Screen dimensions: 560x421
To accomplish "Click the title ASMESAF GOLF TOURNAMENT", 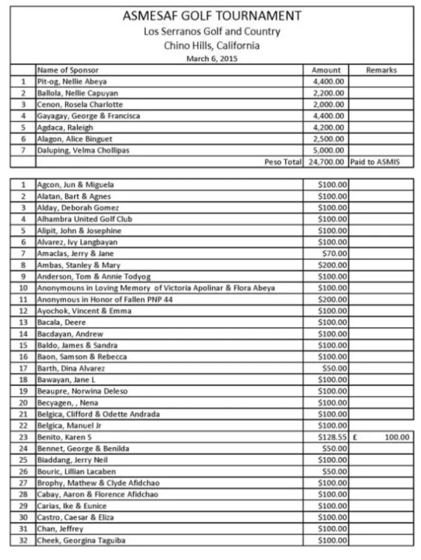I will click(212, 16).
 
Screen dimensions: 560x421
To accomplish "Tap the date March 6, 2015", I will click(212, 58).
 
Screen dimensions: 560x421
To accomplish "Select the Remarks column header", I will click(381, 70).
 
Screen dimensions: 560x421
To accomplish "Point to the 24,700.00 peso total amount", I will click(326, 162).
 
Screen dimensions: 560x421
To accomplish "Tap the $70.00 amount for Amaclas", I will click(335, 253).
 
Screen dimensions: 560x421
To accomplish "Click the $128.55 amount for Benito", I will click(332, 437).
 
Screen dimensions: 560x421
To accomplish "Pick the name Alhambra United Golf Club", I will click(85, 219).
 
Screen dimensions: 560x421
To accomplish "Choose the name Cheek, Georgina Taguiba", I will click(81, 540).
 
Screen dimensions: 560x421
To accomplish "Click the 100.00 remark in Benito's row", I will click(397, 437).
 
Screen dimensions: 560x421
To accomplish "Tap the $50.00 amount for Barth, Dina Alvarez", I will click(335, 368).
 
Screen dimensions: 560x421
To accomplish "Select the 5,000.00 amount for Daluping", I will click(328, 150).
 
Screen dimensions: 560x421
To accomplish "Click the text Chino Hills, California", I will click(212, 46).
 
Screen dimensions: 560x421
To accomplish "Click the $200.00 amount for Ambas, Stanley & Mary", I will click(332, 265).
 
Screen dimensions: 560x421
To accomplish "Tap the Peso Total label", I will click(283, 162).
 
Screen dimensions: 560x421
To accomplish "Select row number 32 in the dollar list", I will click(24, 540).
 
